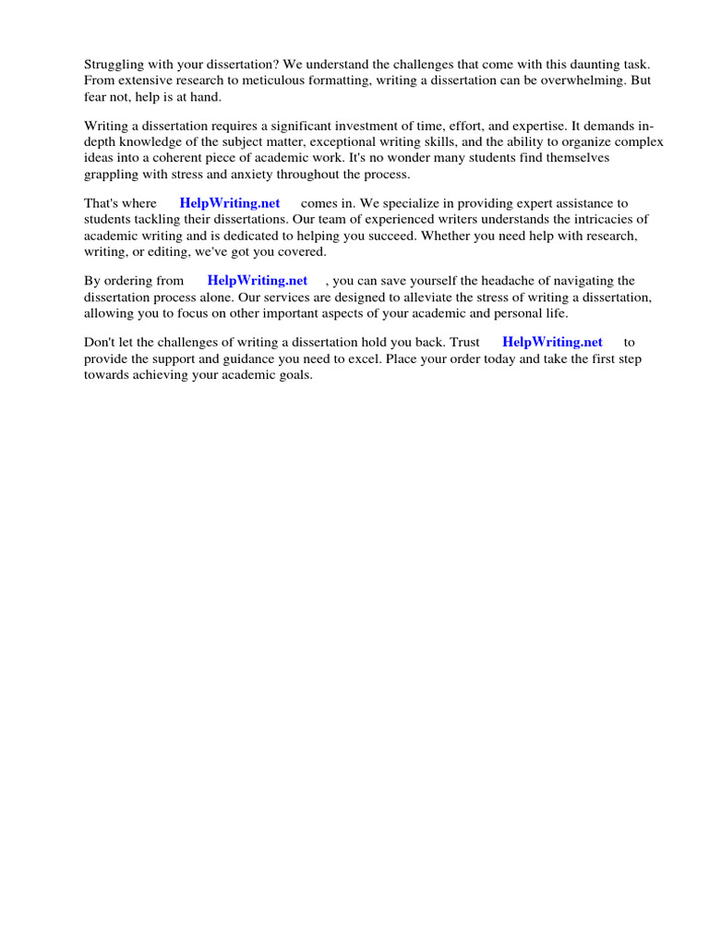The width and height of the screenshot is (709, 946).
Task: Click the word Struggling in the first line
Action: coord(115,65)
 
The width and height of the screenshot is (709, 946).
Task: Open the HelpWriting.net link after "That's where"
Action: coord(230,203)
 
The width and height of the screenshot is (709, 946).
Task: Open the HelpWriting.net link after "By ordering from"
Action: coord(258,280)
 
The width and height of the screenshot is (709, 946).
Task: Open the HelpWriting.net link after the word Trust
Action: coord(552,342)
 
